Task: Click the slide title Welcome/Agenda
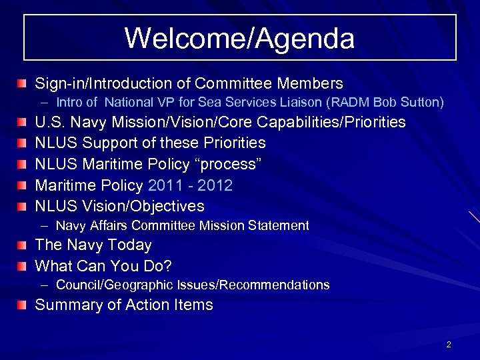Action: [239, 38]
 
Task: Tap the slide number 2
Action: [449, 345]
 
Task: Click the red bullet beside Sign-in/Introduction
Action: [23, 84]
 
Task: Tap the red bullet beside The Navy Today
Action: [23, 246]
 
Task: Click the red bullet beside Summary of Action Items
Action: [23, 306]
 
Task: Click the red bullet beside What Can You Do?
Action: [23, 267]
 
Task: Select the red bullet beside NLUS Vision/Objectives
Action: [23, 206]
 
